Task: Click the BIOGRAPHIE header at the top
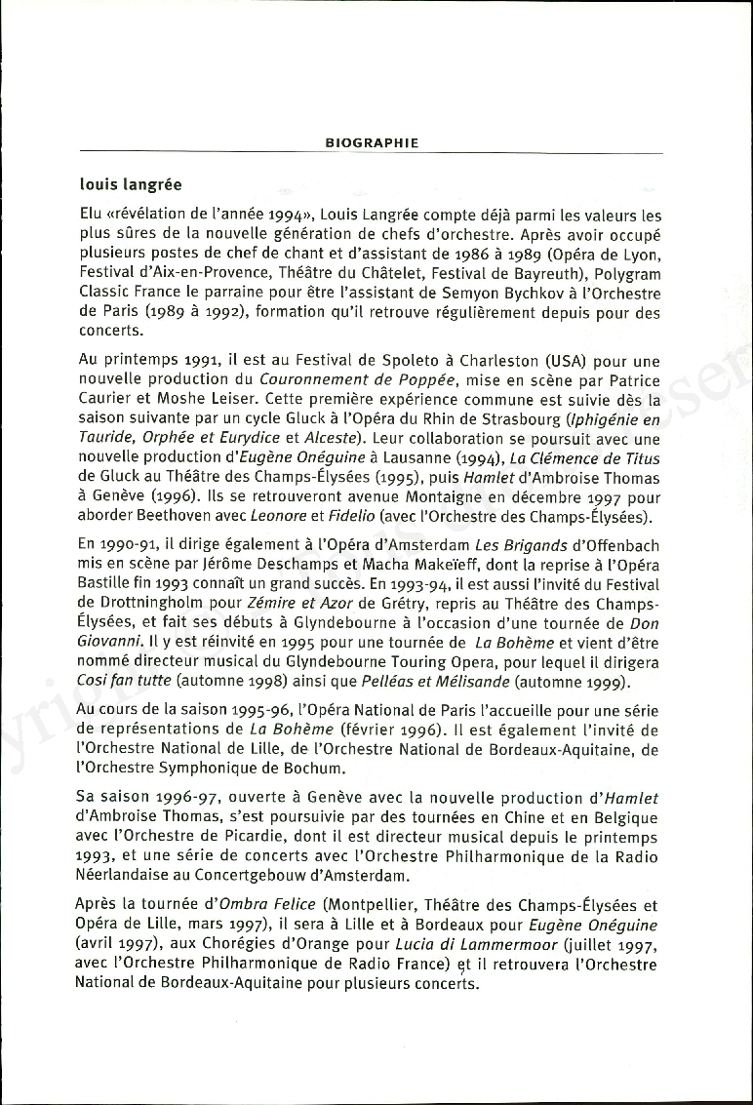(372, 143)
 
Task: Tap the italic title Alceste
(337, 439)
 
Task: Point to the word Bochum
(305, 770)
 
